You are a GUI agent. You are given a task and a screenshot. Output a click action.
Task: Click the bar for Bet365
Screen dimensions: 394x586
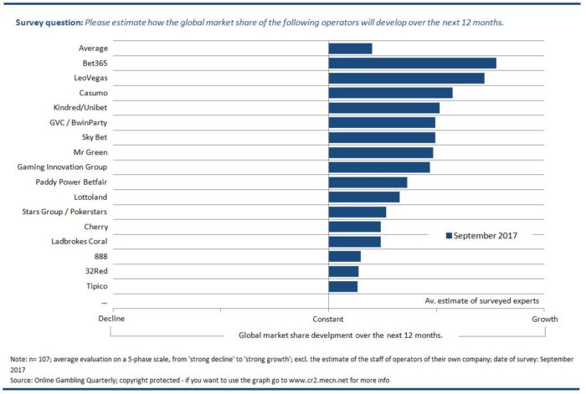point(412,64)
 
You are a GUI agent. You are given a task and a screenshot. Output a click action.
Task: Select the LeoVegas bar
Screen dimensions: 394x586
point(406,78)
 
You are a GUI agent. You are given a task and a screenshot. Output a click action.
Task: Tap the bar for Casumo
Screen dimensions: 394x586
point(390,93)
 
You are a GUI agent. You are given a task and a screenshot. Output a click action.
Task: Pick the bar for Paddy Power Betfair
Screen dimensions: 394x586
point(368,182)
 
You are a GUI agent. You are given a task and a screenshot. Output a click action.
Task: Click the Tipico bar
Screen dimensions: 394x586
point(343,286)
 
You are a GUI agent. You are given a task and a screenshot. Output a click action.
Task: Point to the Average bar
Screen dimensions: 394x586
point(350,49)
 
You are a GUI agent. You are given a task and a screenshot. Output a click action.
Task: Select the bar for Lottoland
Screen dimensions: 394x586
point(364,197)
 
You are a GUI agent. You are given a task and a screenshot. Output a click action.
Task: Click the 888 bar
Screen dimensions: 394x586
point(345,257)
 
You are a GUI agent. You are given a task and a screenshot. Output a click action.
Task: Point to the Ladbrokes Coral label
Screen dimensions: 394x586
point(79,242)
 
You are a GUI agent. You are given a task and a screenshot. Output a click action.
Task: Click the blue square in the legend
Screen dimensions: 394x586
point(449,236)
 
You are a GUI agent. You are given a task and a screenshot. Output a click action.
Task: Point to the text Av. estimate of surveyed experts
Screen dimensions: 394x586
point(481,300)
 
